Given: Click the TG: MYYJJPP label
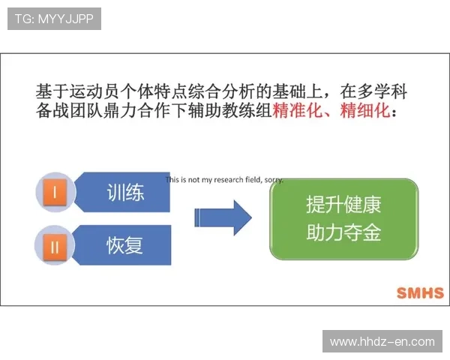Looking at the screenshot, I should pos(53,19).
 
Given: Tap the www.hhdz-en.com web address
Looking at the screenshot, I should pos(382,342).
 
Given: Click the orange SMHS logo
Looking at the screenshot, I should pos(419,293).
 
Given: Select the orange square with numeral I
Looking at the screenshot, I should pos(54,193).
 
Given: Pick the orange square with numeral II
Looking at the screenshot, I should pos(54,244).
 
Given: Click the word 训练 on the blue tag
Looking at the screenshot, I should pos(124,193).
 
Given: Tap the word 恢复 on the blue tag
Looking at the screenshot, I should pos(124,244).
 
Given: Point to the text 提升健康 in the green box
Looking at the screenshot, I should pos(343,205).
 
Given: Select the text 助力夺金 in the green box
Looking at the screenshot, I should pos(343,233).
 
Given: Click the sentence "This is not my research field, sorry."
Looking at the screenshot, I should pos(224,180).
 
